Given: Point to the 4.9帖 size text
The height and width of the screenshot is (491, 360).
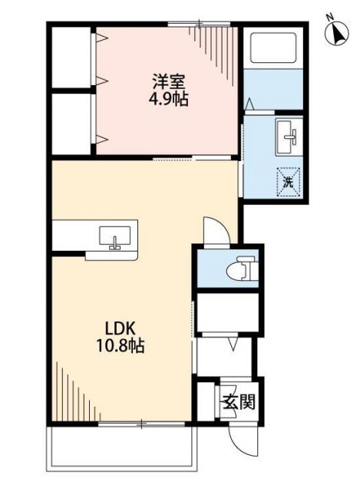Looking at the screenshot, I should [x=168, y=99].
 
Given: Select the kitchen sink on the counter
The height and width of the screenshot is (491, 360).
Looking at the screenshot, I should [x=115, y=237].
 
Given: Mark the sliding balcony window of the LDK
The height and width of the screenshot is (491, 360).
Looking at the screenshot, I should [x=127, y=423].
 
